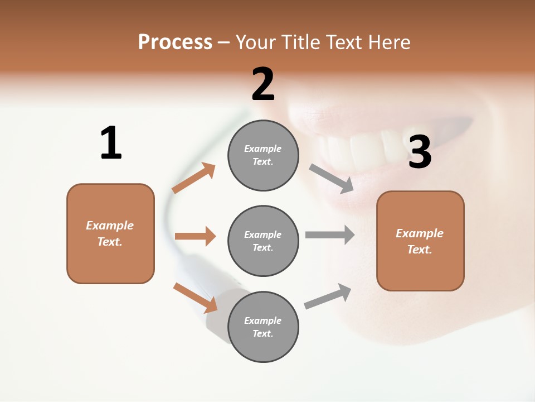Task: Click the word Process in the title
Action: coord(175,42)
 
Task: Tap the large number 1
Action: coord(111,143)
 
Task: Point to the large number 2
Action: coord(263,84)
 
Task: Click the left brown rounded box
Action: coord(110,233)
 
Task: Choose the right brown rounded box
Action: coord(420,241)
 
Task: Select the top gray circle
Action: coord(263,155)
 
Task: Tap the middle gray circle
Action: coord(263,241)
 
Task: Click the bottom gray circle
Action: coord(263,327)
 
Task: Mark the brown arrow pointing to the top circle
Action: coord(194,178)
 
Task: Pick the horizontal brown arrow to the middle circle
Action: coord(195,236)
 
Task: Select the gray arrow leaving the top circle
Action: coord(332,179)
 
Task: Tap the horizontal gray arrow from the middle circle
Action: coord(330,234)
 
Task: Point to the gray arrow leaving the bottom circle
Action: coord(328,296)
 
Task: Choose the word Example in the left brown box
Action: coord(110,226)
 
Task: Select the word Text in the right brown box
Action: coord(419,250)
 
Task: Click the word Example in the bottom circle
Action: coord(262,320)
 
